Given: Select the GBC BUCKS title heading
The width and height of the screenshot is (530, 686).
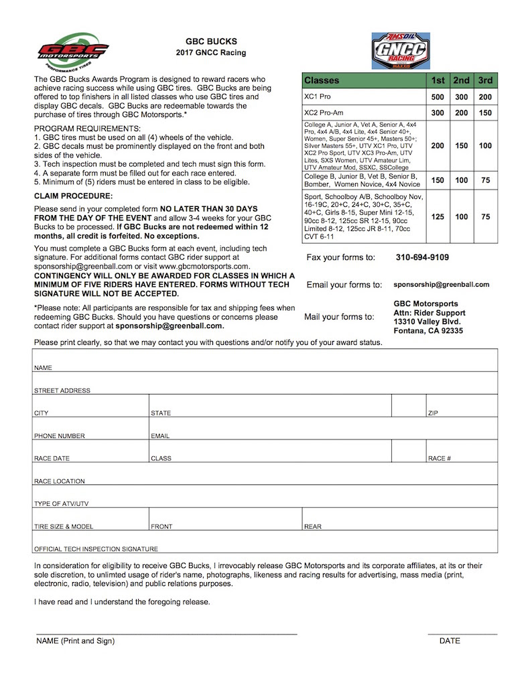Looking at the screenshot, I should (x=211, y=41).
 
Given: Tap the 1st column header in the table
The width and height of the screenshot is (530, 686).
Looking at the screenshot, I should (x=438, y=80).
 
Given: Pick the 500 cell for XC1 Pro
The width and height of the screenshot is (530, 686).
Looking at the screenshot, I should (x=438, y=96).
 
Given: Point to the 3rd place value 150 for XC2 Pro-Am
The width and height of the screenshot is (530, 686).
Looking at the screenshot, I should (x=485, y=113).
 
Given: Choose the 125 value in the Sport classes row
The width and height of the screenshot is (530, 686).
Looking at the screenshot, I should (x=438, y=217).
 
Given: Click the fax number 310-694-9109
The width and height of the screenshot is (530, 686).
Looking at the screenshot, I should (x=422, y=257).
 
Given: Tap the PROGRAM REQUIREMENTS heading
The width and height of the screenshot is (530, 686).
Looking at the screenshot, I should (x=87, y=128).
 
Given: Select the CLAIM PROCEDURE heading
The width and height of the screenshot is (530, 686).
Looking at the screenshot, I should (x=73, y=196).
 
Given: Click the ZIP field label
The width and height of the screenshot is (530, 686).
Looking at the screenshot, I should (x=433, y=413).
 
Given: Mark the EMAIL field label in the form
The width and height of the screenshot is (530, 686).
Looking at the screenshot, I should (x=160, y=436).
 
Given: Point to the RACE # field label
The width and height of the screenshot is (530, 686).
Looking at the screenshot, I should (x=439, y=459).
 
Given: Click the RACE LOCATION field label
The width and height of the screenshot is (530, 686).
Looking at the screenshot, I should (x=60, y=481).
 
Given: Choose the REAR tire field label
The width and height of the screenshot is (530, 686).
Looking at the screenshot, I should (x=312, y=527).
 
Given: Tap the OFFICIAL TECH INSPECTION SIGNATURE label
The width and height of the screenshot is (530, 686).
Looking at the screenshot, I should (x=96, y=549).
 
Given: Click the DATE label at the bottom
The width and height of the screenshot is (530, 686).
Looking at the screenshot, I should (x=450, y=641).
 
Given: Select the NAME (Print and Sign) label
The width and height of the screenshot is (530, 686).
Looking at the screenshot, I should (x=75, y=641).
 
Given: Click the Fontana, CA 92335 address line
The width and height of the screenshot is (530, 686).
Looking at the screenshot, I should (x=428, y=330).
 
